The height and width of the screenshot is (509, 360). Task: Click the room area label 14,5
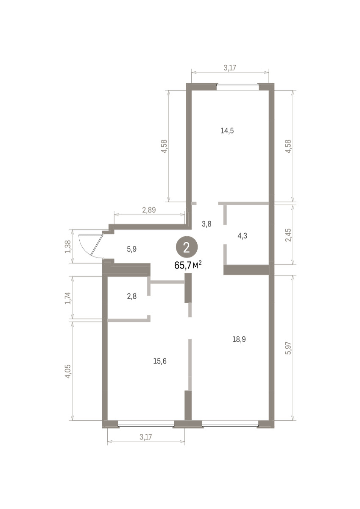pyautogui.click(x=227, y=131)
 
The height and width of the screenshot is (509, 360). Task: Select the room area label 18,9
pyautogui.click(x=239, y=339)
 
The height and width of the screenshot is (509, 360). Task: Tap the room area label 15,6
pyautogui.click(x=160, y=361)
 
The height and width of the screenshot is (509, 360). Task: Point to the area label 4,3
pyautogui.click(x=243, y=236)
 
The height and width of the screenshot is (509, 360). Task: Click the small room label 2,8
pyautogui.click(x=132, y=296)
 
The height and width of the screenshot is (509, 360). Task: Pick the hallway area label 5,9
pyautogui.click(x=132, y=249)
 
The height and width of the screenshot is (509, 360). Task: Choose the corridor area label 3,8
pyautogui.click(x=207, y=224)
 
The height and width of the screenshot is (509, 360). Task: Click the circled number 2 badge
pyautogui.click(x=187, y=248)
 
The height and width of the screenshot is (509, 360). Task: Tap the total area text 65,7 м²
pyautogui.click(x=188, y=265)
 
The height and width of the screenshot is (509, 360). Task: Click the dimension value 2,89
pyautogui.click(x=149, y=210)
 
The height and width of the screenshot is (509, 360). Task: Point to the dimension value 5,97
pyautogui.click(x=288, y=348)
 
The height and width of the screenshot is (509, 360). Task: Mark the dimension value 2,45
pyautogui.click(x=288, y=235)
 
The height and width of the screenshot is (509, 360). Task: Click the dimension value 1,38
pyautogui.click(x=68, y=247)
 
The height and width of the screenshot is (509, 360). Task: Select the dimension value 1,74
pyautogui.click(x=68, y=298)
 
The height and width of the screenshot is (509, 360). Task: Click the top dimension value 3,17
pyautogui.click(x=230, y=68)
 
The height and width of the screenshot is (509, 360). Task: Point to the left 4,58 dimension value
pyautogui.click(x=164, y=146)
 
